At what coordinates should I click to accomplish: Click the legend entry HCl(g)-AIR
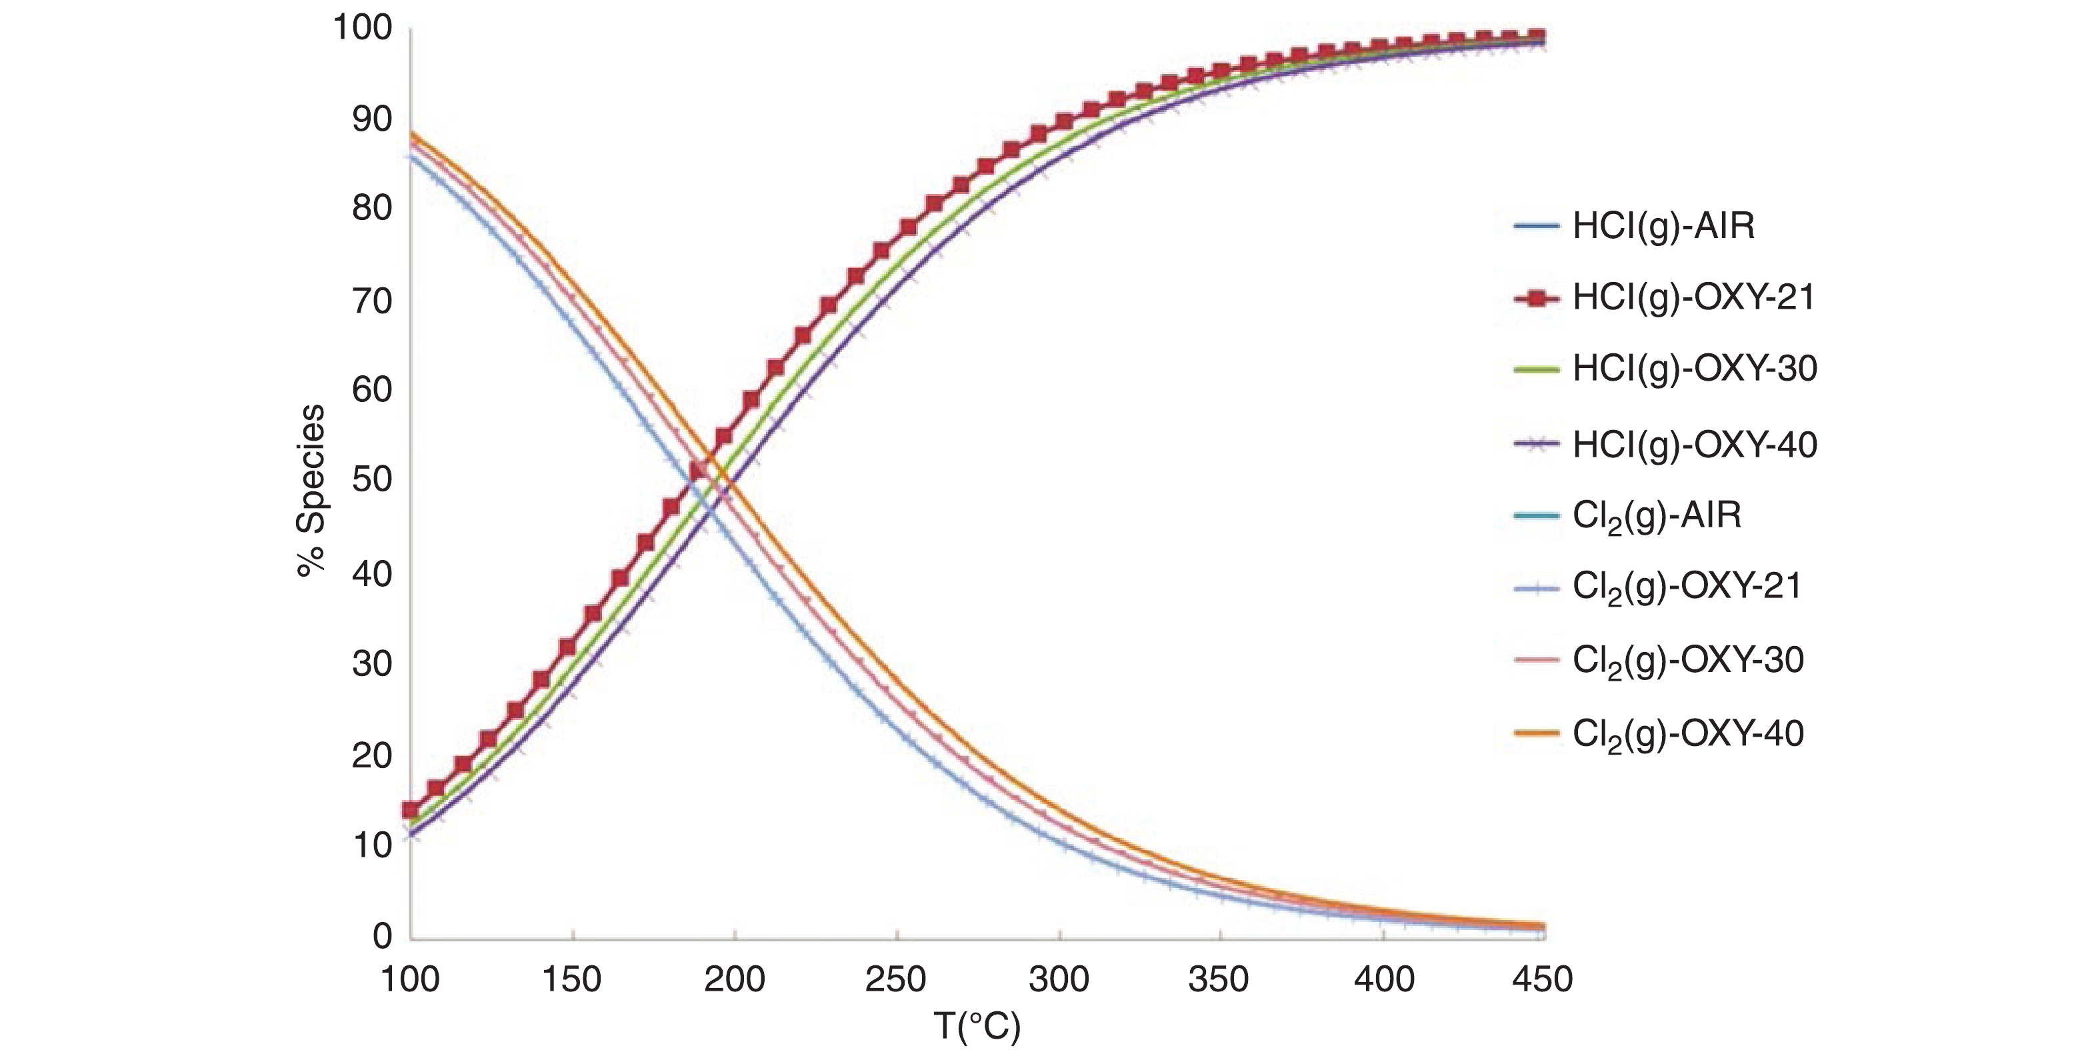click(1663, 226)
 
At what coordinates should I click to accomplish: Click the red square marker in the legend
click(1537, 299)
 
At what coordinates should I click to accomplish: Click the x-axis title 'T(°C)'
click(977, 1028)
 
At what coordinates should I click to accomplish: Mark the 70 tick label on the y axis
click(371, 301)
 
